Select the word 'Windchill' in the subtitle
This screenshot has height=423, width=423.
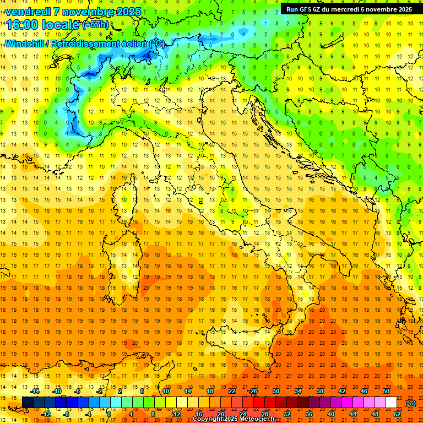(x=28, y=44)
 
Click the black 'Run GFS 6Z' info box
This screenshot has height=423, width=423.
(x=349, y=9)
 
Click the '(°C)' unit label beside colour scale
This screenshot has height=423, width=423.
(x=410, y=403)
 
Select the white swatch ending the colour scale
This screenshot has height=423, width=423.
(x=391, y=403)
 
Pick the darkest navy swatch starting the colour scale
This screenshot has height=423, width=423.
(x=28, y=403)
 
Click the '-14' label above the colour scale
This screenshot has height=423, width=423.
(x=35, y=391)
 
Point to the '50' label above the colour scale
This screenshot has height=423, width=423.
(x=386, y=391)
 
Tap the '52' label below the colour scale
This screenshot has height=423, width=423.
(x=397, y=414)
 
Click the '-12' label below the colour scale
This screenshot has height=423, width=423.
(x=46, y=414)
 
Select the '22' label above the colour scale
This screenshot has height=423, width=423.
(x=231, y=391)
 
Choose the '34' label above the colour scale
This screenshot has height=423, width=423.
(x=297, y=391)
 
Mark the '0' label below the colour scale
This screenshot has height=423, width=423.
(x=109, y=414)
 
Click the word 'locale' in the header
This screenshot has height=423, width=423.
(x=63, y=24)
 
